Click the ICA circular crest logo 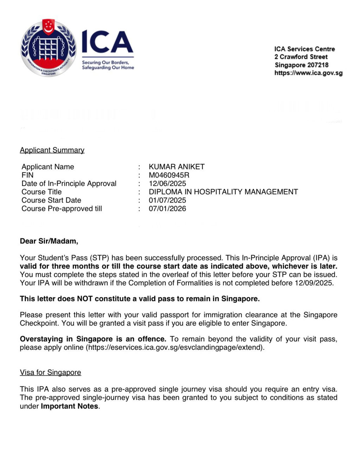point(48,48)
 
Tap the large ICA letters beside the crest point(107,42)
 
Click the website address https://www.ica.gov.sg point(308,73)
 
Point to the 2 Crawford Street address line point(301,57)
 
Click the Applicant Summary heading point(52,150)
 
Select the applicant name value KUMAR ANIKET point(176,167)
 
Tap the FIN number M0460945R point(169,175)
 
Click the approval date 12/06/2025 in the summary point(167,184)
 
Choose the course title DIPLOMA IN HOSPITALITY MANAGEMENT point(223,192)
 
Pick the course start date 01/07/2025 point(167,200)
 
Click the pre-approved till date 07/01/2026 point(167,209)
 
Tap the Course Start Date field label point(51,200)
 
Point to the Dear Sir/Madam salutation point(49,241)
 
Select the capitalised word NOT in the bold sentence point(85,299)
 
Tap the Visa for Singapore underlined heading point(50,373)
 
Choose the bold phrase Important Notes point(70,406)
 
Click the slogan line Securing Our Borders point(105,63)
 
